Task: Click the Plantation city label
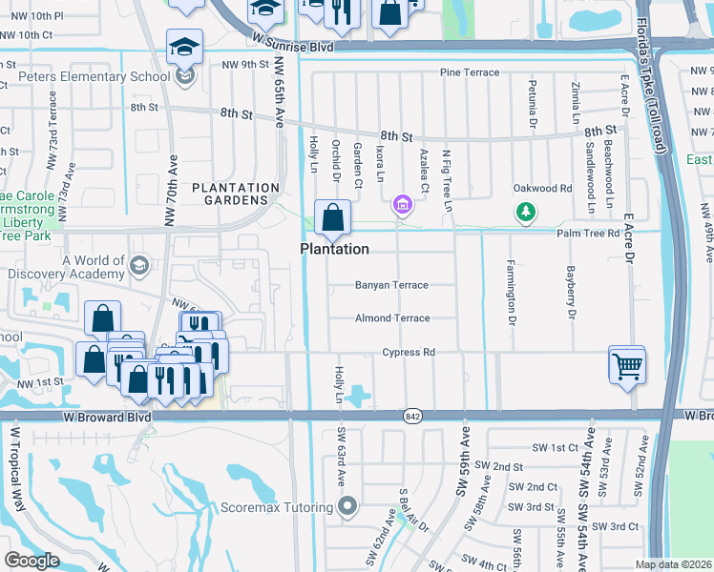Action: pos(334,249)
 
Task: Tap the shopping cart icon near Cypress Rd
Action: pos(627,365)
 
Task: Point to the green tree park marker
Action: pos(525,212)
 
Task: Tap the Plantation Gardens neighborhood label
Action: pos(236,194)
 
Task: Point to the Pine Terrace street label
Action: pos(469,72)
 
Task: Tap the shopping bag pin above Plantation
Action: pos(332,217)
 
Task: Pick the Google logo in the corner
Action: pos(31,561)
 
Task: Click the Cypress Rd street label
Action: pos(409,353)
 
